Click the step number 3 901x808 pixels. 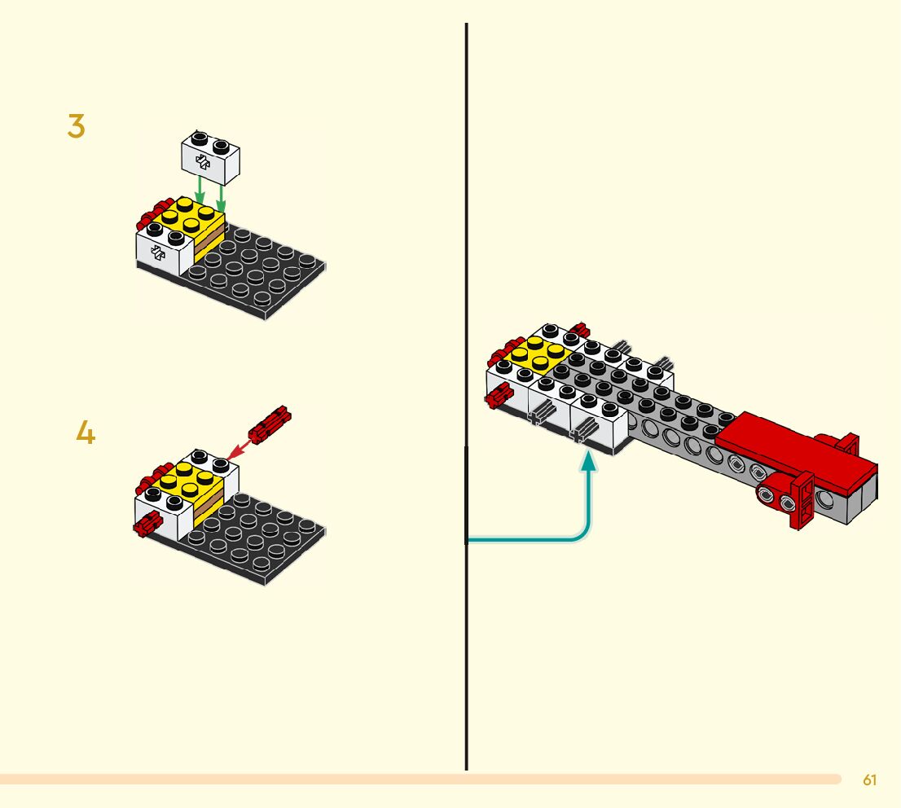[x=76, y=127]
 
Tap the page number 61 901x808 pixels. [x=869, y=780]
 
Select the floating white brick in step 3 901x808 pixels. [x=212, y=156]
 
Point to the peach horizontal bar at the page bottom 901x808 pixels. [x=407, y=779]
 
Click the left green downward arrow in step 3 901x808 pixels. [x=200, y=192]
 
